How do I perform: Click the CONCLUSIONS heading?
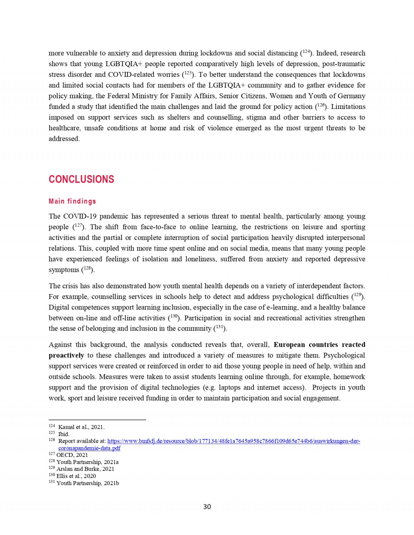click(81, 179)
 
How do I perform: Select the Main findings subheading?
click(72, 201)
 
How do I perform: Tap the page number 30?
click(207, 506)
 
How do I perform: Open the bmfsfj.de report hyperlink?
click(233, 441)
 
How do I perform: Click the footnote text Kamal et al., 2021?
click(81, 427)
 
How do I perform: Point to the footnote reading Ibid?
click(64, 434)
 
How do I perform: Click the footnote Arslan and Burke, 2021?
click(85, 469)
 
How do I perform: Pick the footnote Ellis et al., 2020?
click(76, 476)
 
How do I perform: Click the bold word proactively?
click(66, 355)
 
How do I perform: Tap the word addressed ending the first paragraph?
click(64, 139)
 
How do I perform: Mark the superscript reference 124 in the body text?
click(305, 52)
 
